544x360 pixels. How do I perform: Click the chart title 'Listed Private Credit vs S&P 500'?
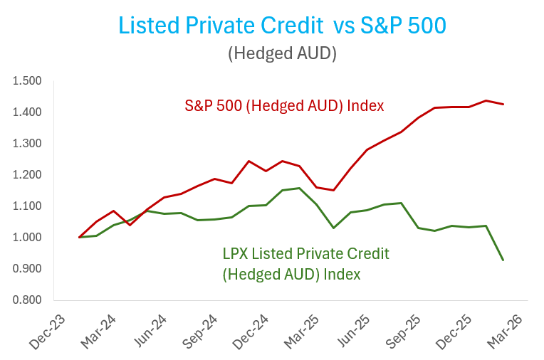pyautogui.click(x=282, y=26)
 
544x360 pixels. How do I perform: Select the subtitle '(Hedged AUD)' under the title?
pyautogui.click(x=282, y=53)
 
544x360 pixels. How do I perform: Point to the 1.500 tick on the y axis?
pyautogui.click(x=27, y=81)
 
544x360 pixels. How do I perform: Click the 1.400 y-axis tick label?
pyautogui.click(x=27, y=112)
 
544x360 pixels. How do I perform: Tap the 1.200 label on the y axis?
pyautogui.click(x=27, y=175)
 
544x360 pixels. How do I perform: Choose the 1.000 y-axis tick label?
pyautogui.click(x=27, y=238)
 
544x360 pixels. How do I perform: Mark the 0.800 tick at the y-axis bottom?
pyautogui.click(x=27, y=300)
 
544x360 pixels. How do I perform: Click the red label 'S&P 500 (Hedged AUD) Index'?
pyautogui.click(x=284, y=106)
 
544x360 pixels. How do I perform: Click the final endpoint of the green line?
pyautogui.click(x=503, y=260)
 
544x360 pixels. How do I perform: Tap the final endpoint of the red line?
pyautogui.click(x=503, y=105)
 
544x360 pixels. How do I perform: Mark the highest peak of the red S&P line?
pyautogui.click(x=486, y=100)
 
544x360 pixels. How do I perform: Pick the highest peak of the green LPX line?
pyautogui.click(x=299, y=189)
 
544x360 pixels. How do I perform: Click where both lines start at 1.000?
pyautogui.click(x=79, y=237)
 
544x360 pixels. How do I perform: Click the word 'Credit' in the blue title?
pyautogui.click(x=290, y=26)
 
